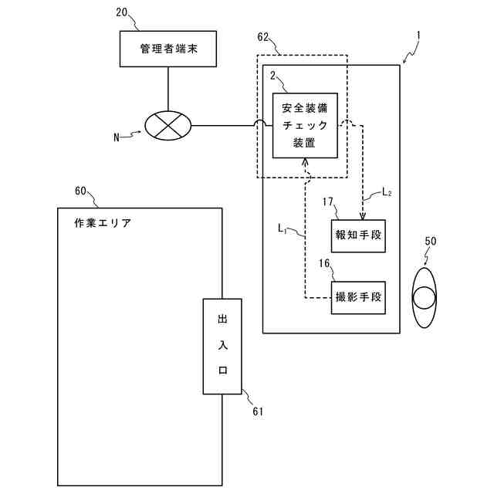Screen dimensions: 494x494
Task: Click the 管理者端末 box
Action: pos(168,49)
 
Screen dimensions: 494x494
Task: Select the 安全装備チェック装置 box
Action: pos(305,125)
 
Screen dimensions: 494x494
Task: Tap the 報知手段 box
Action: pos(358,236)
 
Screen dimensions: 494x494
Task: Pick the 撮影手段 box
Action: pos(358,297)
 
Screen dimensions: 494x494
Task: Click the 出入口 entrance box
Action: pos(222,347)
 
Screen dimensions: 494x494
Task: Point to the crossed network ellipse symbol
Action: pos(168,125)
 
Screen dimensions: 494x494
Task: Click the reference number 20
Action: pos(122,12)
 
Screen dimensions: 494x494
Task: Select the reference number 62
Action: pos(263,38)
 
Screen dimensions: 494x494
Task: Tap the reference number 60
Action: pos(80,191)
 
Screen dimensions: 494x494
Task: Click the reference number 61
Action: pos(258,411)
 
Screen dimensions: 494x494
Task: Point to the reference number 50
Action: pos(431,242)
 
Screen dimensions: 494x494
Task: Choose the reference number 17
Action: pos(328,201)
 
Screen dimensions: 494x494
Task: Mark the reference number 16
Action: pos(324,263)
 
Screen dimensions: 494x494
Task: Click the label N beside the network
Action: pos(117,137)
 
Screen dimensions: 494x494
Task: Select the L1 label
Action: pos(282,228)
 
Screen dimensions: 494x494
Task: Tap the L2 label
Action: pos(387,192)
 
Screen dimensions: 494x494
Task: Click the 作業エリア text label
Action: pos(103,223)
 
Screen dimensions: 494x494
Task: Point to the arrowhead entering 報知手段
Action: pos(363,217)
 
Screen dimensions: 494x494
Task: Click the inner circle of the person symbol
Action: pos(425,298)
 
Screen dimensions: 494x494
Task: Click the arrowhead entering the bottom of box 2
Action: pos(305,161)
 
